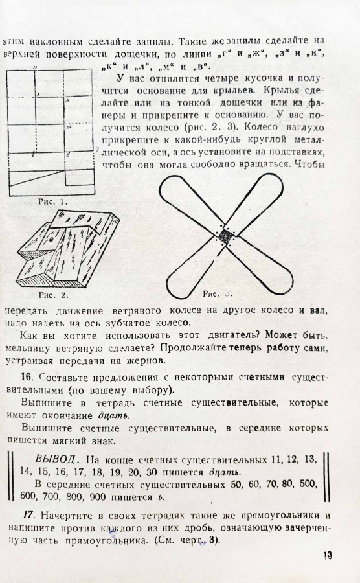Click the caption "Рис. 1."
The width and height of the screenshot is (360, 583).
53,202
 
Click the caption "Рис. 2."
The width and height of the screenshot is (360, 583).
54,295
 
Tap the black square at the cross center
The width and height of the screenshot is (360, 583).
225,236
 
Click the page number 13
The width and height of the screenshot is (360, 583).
328,556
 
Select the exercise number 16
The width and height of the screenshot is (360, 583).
27,377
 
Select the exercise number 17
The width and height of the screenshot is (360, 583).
29,515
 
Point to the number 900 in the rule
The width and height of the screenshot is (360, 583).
98,497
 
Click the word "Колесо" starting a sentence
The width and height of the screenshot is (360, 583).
262,127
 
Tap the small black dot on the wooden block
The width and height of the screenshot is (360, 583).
50,240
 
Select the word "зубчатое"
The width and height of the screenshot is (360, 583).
126,323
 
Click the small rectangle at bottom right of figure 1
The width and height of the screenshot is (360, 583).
80,177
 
